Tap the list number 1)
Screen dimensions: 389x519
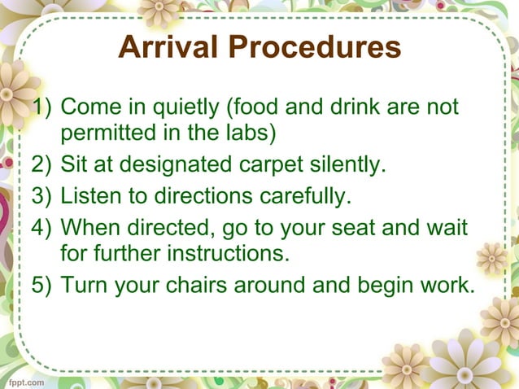coord(42,107)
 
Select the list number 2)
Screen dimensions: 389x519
coord(42,166)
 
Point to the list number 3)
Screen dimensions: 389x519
coord(42,196)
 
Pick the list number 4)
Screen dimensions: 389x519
coord(42,225)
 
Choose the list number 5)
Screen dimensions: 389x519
coord(42,285)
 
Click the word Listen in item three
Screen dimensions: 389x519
coord(89,196)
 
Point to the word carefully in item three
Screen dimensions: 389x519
coord(306,196)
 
